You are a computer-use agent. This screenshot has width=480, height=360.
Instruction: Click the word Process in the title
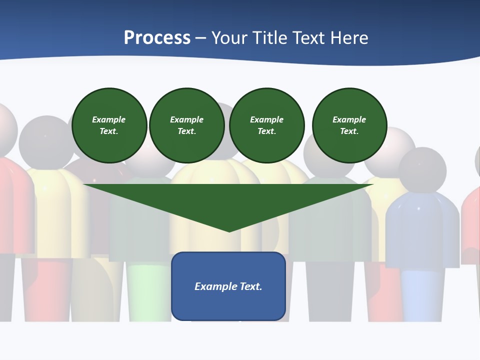pos(157,38)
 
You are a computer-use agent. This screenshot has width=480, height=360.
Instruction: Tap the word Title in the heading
pos(272,38)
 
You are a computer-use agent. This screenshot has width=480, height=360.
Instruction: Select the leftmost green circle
pos(109,125)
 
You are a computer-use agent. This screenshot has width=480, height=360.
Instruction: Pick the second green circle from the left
pos(187,125)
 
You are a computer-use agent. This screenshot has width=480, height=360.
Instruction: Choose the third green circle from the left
pos(267,125)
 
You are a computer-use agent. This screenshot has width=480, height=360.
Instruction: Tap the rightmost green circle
pos(349,125)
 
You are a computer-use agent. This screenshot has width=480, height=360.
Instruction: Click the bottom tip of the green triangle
pos(229,231)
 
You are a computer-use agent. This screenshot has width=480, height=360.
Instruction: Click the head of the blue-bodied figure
pos(422,170)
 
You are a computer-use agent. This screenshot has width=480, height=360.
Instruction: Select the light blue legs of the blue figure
pos(422,295)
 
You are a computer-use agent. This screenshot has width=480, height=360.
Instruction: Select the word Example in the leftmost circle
pos(109,119)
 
